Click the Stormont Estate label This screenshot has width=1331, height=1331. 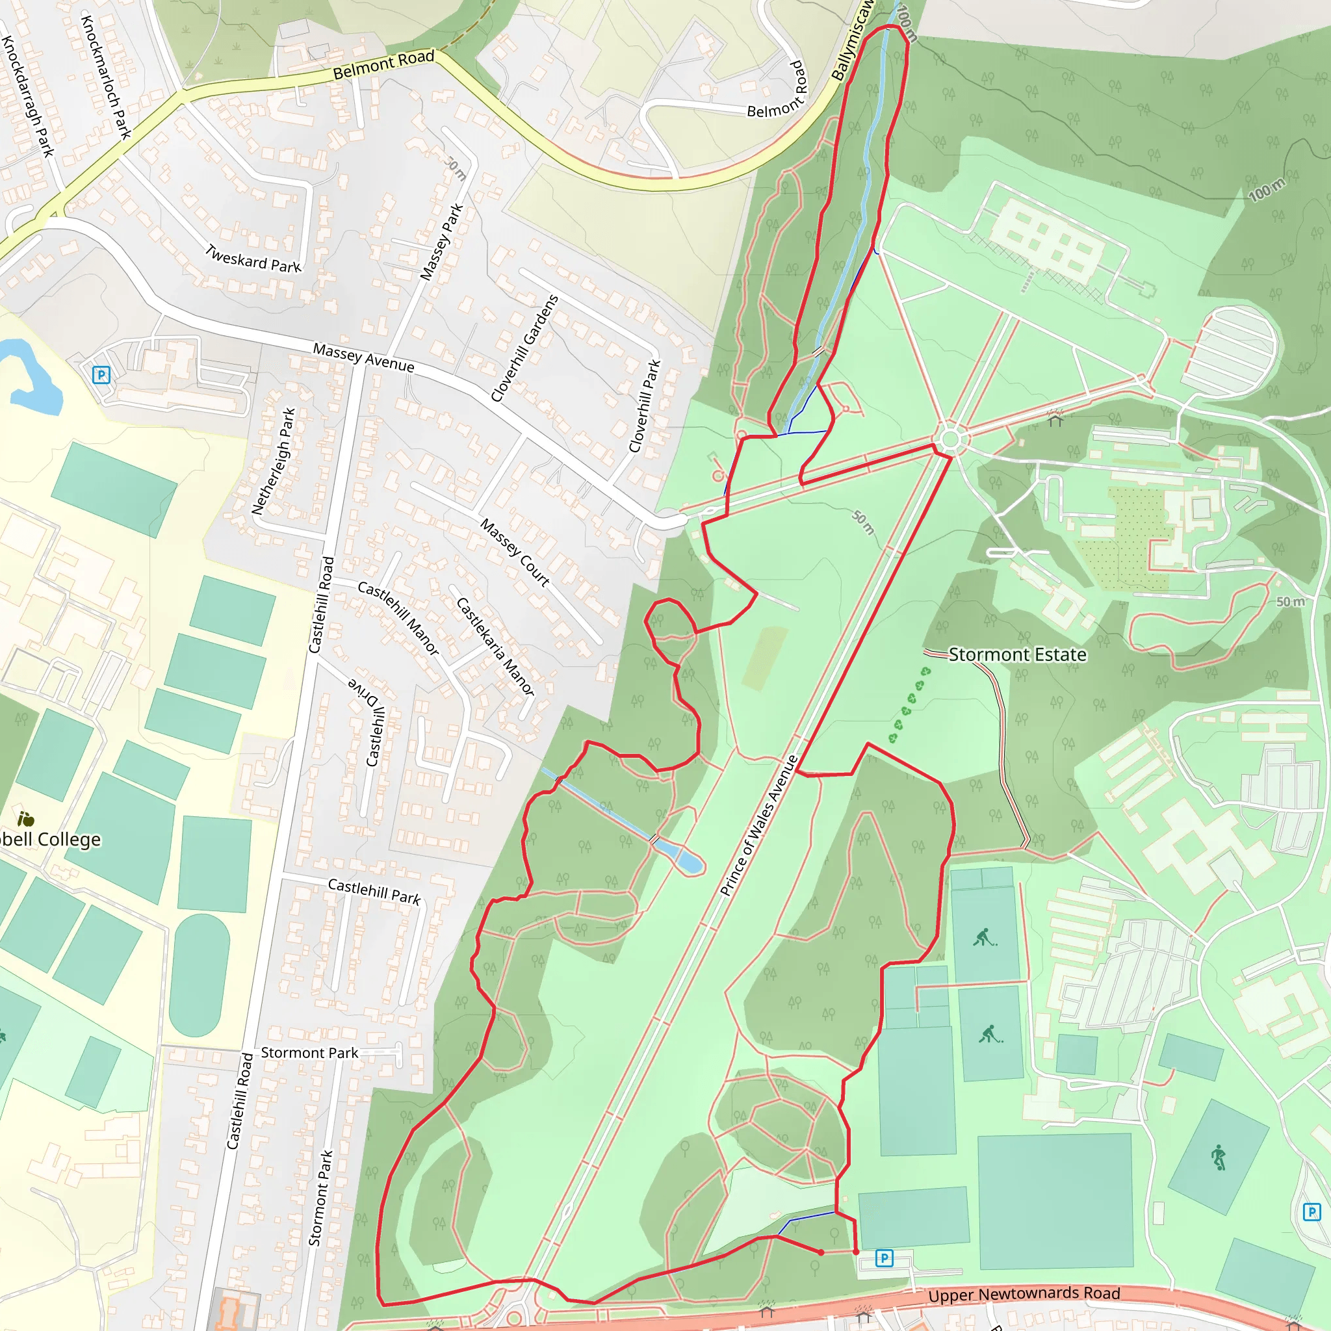click(1017, 654)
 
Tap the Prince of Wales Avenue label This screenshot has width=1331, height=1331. click(758, 825)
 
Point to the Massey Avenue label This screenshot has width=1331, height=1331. click(364, 357)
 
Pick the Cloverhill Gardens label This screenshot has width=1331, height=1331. click(524, 348)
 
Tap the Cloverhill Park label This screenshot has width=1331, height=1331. click(644, 406)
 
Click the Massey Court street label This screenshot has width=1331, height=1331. click(515, 552)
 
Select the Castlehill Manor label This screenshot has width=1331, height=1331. click(398, 618)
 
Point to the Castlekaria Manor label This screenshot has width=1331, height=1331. click(495, 645)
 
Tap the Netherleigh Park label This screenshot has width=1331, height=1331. click(274, 461)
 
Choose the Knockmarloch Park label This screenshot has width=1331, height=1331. click(106, 76)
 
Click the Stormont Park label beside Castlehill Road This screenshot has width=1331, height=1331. click(309, 1053)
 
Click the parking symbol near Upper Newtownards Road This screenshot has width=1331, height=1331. click(884, 1259)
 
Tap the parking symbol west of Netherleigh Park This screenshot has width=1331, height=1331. click(101, 375)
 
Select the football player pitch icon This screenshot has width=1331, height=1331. click(1218, 1157)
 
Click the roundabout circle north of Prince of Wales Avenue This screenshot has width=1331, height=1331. click(950, 439)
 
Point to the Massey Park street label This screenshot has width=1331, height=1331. click(441, 242)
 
